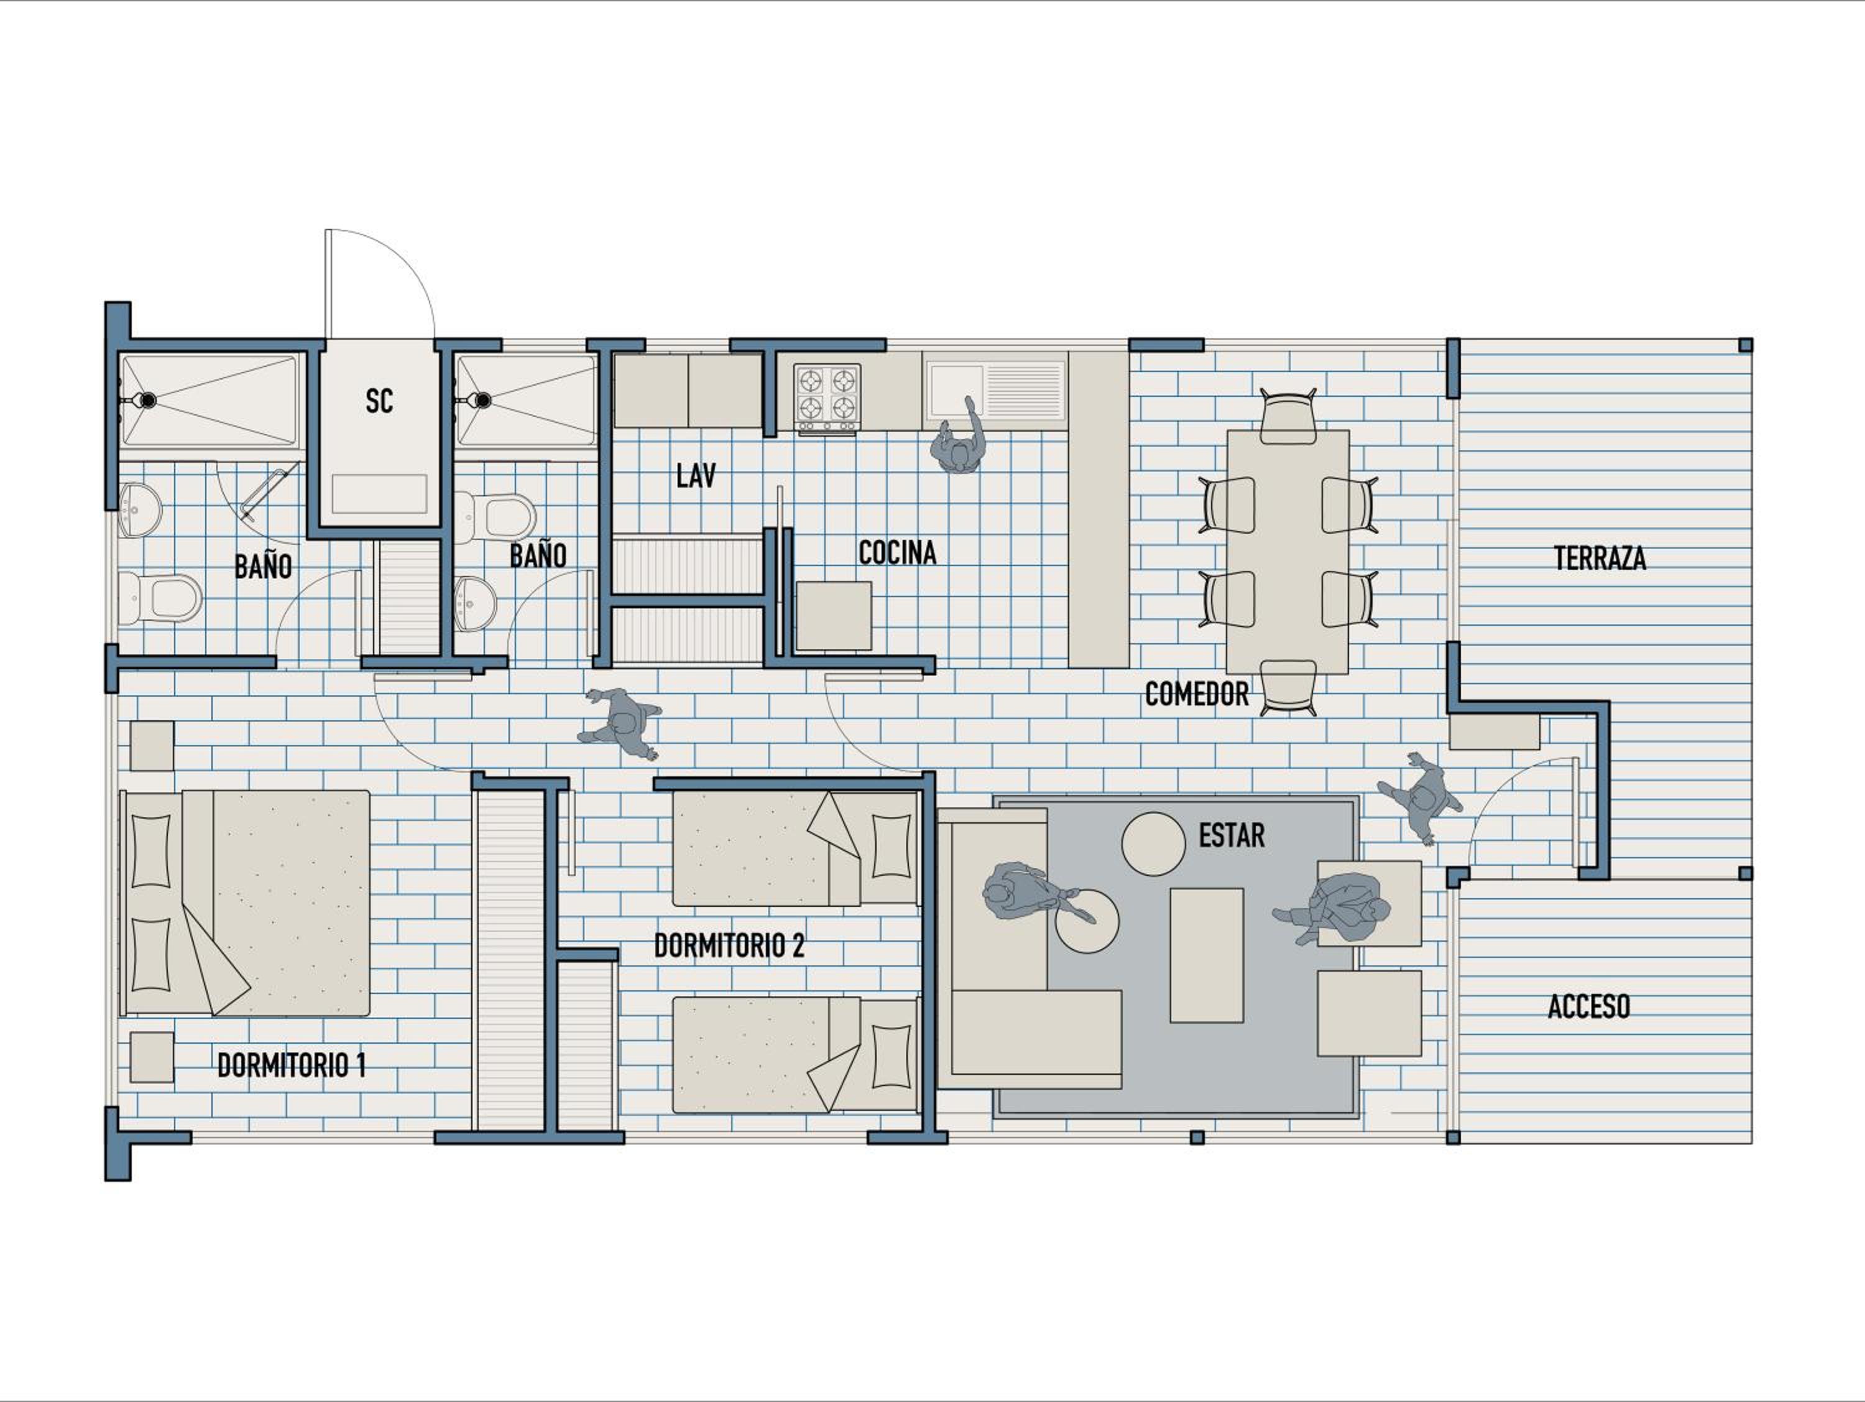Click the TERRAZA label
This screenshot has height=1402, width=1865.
1600,559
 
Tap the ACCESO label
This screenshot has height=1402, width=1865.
1588,1006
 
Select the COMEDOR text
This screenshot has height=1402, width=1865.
1197,694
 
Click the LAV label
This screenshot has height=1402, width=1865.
696,476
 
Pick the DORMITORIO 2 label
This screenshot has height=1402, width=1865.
729,945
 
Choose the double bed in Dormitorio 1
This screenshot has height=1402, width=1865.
246,903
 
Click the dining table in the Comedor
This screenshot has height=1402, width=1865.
1287,552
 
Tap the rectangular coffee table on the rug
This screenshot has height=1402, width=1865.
1207,955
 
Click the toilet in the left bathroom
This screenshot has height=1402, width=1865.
160,597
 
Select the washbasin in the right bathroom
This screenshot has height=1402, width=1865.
476,604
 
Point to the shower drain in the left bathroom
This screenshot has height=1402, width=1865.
147,400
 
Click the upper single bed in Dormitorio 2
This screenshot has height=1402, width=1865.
795,848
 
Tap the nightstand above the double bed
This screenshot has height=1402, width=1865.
152,746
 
